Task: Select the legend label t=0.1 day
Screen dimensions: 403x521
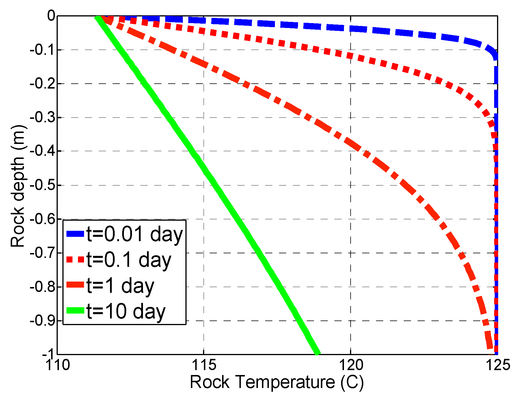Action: (x=129, y=260)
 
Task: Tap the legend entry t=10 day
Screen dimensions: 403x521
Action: (x=126, y=311)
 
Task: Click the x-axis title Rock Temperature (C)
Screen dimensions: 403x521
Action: (x=276, y=383)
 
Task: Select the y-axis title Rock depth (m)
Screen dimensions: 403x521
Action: (x=18, y=186)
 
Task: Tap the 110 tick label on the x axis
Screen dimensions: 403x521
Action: (x=58, y=365)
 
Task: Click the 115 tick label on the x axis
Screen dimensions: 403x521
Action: (x=204, y=365)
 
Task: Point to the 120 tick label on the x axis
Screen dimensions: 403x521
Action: (x=351, y=365)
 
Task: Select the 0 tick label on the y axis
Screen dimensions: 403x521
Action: (x=51, y=16)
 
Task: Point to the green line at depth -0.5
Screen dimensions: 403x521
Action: (x=214, y=185)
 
